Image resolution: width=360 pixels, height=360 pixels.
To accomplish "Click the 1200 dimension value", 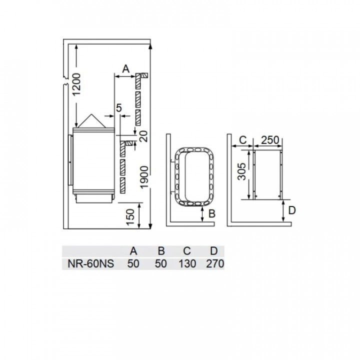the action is coord(76,84).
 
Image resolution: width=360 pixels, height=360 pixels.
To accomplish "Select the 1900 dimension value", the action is coord(144,177).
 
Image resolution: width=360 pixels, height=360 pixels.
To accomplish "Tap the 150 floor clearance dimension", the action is coord(130,217).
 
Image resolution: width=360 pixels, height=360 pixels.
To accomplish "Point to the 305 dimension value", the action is coord(241,171).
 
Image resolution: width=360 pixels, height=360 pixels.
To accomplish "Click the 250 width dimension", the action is coord(270,140).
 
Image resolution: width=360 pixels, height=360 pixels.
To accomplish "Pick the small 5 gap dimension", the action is coord(118,108).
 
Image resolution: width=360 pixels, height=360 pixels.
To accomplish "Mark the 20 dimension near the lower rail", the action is coord(144,136).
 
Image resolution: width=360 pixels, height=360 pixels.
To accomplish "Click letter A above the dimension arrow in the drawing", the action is coord(125,69).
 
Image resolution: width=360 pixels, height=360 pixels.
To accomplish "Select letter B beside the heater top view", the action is coord(211,214).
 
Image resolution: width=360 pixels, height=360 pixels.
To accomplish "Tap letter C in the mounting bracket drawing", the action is coord(242,140).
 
